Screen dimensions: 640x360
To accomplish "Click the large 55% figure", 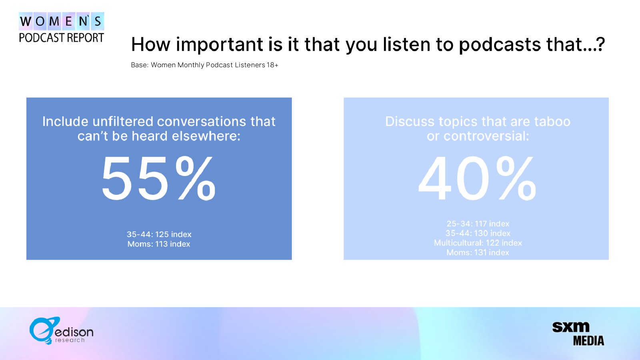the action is coord(158,178).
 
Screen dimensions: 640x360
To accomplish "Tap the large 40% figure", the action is coord(477,178).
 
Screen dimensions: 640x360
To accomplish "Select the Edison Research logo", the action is coord(61,330).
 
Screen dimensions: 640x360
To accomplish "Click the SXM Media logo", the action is coord(578,334).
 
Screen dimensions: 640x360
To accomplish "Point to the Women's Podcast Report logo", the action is coord(62,28).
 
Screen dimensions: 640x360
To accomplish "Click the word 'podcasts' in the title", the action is coord(500,44).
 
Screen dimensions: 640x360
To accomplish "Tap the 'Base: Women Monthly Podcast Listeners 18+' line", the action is coord(204,65).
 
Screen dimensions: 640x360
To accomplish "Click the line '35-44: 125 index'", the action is coord(159,234).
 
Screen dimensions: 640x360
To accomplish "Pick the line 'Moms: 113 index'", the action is coord(159,244).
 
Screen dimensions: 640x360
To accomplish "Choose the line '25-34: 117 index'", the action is coord(478,224).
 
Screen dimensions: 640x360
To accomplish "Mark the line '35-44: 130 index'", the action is coord(478,233).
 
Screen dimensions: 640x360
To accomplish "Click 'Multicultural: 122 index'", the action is coord(478,243).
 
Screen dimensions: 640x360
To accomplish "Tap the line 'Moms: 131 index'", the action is coord(478,252).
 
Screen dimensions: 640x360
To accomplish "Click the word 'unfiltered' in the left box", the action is coord(123,122).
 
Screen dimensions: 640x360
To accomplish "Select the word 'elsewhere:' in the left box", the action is coord(206,136).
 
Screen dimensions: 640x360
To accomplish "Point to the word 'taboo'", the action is coord(552,122).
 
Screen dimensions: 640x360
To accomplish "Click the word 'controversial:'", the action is coord(486,136).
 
